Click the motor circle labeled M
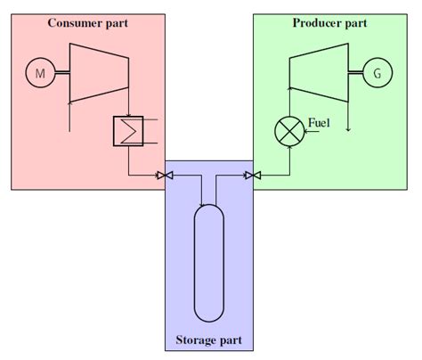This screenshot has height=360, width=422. coord(39,74)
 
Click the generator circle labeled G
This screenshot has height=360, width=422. coord(377,74)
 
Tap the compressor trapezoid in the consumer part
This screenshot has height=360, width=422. coord(100,73)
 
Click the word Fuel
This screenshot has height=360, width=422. coord(320,122)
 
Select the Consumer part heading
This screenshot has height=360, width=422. coord(86,21)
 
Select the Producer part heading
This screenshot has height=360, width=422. coord(329,21)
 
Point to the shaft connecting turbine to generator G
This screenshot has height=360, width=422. coord(355,74)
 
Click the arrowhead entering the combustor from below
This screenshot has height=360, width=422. coord(289,153)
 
